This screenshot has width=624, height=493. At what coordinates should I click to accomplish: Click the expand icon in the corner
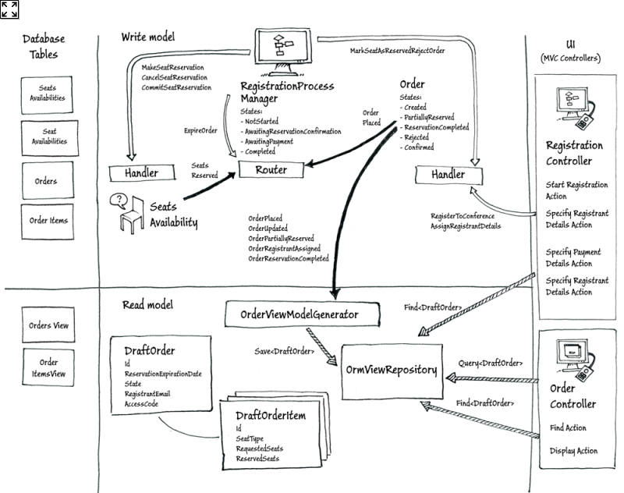pos(10,9)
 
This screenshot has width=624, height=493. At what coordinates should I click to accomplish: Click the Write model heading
pos(148,37)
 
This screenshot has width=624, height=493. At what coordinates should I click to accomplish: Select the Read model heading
pos(148,305)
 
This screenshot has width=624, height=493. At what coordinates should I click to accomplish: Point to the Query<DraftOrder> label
pos(490,364)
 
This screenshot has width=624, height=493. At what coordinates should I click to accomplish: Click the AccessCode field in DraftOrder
pos(142,404)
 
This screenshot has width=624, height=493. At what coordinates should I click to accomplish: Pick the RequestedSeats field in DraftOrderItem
pos(259,449)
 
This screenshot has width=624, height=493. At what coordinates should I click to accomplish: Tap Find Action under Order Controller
pos(568,427)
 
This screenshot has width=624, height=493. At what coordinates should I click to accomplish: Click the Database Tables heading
pos(44,46)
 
